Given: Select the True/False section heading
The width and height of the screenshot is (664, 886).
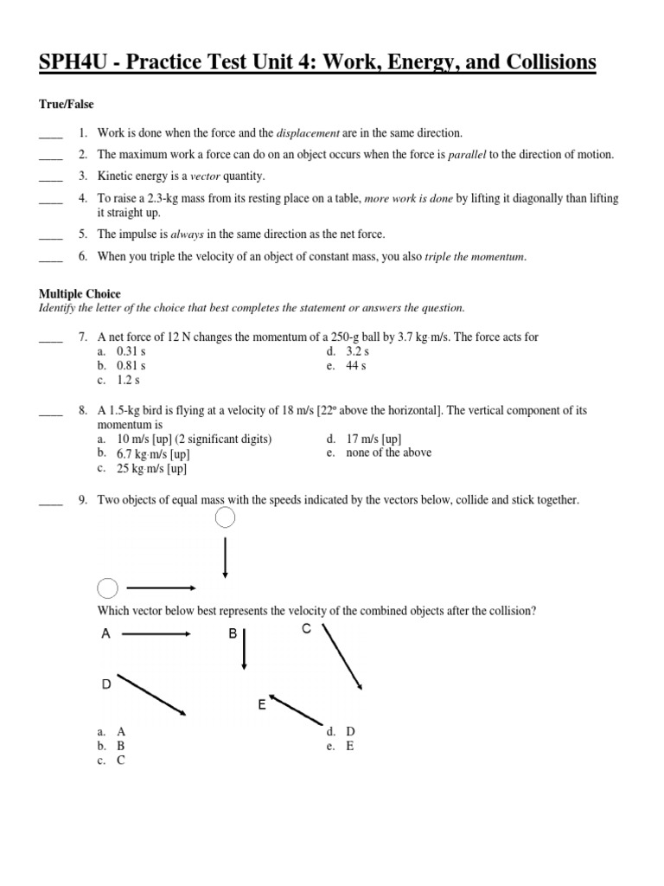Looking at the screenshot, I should pos(66,104).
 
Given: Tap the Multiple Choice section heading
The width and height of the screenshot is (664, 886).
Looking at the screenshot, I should pos(80,294).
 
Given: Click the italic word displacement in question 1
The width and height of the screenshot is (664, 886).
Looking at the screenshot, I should pos(308,133).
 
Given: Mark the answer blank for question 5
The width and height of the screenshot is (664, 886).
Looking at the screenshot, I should pos(51,234).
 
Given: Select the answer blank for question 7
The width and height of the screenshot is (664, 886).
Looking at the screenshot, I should pos(51,337).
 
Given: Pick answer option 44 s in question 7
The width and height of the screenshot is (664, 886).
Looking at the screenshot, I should pos(355,366).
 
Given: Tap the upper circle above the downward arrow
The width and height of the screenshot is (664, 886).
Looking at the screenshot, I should pos(225,518).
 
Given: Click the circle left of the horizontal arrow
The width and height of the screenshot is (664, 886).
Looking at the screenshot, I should pos(107,589).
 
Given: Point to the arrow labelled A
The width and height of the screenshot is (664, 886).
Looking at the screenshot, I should pos(156,634).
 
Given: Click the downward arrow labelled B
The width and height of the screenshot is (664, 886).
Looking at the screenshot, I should pos(245,649).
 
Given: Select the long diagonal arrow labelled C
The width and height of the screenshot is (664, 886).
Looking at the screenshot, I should pos(342,657).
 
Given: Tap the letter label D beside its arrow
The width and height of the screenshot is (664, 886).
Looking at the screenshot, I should pos(106,684).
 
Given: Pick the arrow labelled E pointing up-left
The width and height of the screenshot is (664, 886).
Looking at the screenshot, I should pos(297,709).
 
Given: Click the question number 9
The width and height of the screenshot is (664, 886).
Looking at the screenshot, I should pos(83,500).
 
